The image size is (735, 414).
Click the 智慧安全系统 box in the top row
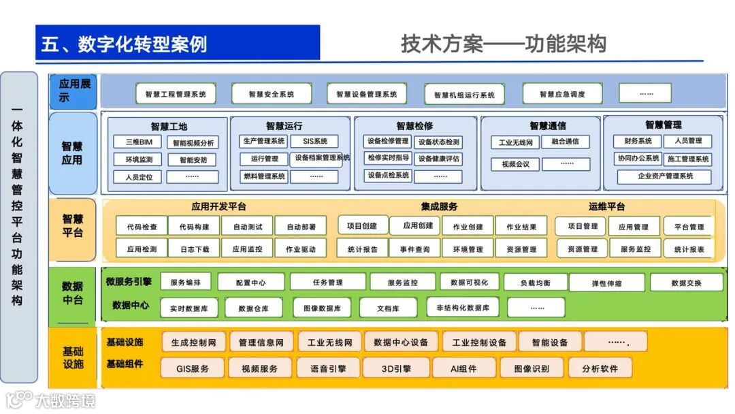(x=272, y=94)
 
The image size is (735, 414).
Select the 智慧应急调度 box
(x=562, y=94)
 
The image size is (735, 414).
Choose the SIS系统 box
(x=314, y=142)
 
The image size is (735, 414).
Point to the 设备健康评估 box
(x=438, y=159)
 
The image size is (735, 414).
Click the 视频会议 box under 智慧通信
(x=515, y=164)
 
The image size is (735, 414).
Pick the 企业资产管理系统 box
(x=665, y=176)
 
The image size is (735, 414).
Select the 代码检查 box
(x=142, y=227)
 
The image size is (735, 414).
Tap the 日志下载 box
(x=195, y=249)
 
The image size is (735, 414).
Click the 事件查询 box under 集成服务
(x=414, y=249)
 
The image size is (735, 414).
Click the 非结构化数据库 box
(x=463, y=308)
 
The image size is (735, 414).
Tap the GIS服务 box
(x=193, y=368)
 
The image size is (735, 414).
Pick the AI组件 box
(x=463, y=368)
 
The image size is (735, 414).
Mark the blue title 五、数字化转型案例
(x=124, y=44)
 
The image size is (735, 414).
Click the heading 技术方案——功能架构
(x=503, y=44)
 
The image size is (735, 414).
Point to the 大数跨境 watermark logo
(x=51, y=400)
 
